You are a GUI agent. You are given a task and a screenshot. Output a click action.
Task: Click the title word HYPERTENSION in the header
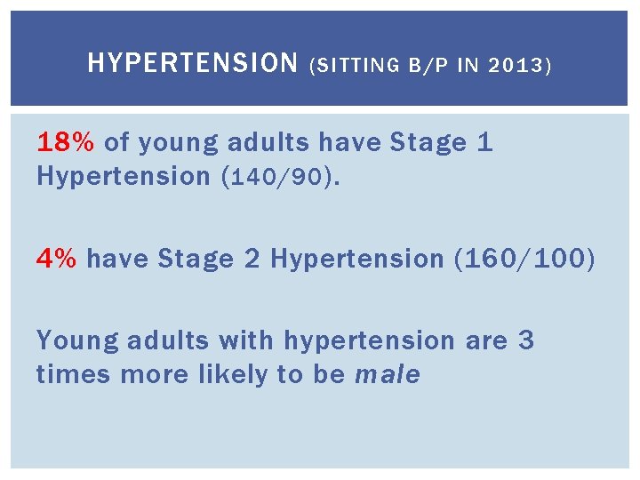point(193,63)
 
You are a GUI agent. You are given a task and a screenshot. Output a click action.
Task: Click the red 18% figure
point(67,142)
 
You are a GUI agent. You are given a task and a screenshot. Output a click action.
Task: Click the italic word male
point(387,375)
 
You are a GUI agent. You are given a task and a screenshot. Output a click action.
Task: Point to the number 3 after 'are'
point(526,340)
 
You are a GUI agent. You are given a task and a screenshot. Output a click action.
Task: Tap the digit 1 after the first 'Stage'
point(485,142)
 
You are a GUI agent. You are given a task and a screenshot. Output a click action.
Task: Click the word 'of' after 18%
point(117,142)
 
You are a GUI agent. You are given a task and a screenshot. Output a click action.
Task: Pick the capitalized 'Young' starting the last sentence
point(76,340)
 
